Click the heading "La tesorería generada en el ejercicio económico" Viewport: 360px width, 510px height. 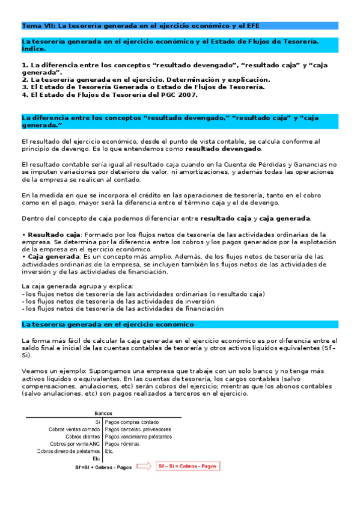click(107, 324)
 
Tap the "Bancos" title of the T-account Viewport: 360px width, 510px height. click(104, 413)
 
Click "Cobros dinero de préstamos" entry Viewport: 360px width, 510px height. click(68, 450)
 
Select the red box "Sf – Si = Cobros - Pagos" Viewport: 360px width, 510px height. click(186, 465)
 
